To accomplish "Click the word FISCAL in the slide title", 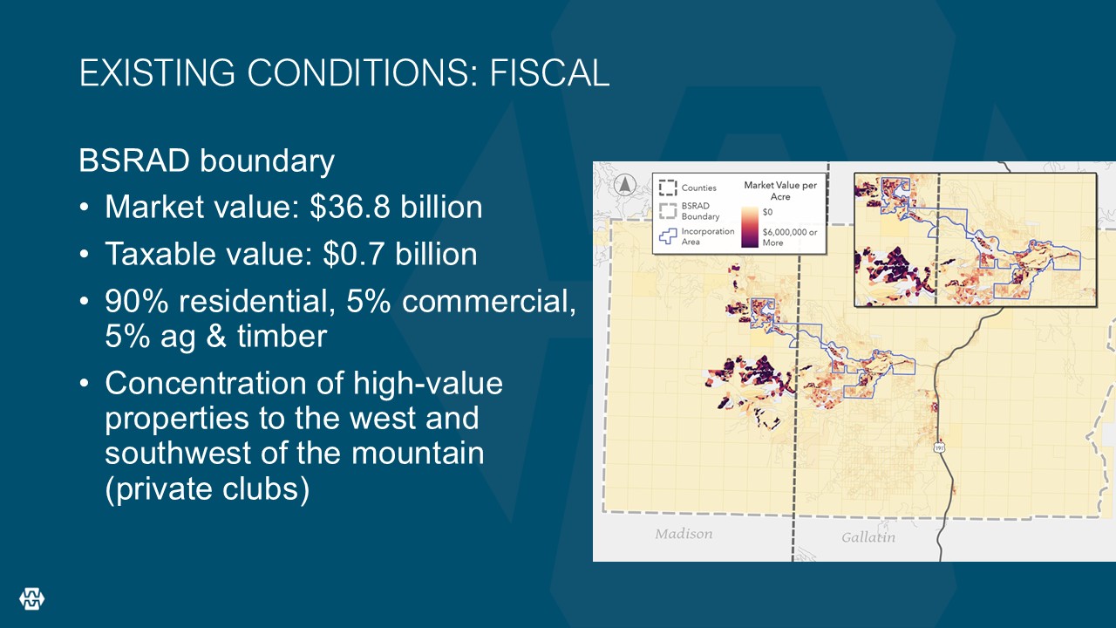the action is [549, 72].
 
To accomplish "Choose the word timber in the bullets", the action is [282, 336].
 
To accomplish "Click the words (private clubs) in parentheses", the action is [208, 488].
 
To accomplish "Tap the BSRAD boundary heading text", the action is [207, 161].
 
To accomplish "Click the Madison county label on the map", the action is [684, 534].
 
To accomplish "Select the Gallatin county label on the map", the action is [868, 537].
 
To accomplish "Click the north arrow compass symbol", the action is [625, 185].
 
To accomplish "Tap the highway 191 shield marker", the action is [939, 447].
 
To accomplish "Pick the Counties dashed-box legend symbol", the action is [668, 188].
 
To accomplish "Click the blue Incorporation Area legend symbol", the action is [668, 235].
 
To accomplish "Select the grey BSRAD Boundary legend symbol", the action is [668, 211].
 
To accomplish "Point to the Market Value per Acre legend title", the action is [780, 191].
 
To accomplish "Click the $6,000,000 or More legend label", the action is [790, 237].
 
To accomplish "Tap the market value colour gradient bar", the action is [750, 228].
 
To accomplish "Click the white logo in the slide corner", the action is [32, 598].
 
